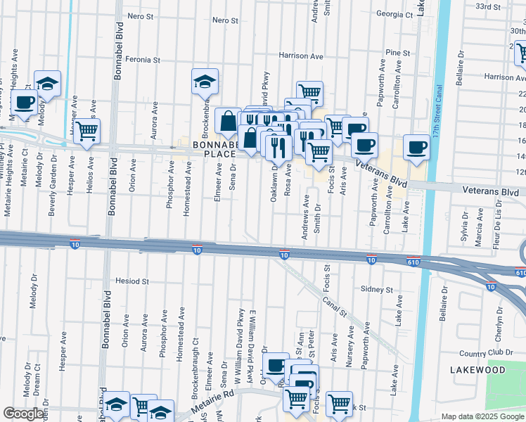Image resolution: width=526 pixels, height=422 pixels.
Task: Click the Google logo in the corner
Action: click(23, 414)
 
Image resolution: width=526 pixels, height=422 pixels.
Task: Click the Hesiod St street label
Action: click(133, 281)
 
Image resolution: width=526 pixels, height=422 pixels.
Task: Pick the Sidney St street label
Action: click(376, 289)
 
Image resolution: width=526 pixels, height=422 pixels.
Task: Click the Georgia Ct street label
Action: click(394, 14)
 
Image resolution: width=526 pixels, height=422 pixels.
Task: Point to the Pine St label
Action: click(397, 53)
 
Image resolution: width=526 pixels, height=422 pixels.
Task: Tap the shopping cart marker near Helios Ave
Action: click(86, 130)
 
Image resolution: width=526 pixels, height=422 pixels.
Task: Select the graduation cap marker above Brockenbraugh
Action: click(205, 81)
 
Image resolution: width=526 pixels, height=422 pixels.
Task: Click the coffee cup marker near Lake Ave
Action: click(416, 146)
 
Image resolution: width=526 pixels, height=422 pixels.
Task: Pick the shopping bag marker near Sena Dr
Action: click(229, 121)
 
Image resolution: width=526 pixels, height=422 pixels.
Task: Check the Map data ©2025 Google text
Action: click(482, 416)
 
